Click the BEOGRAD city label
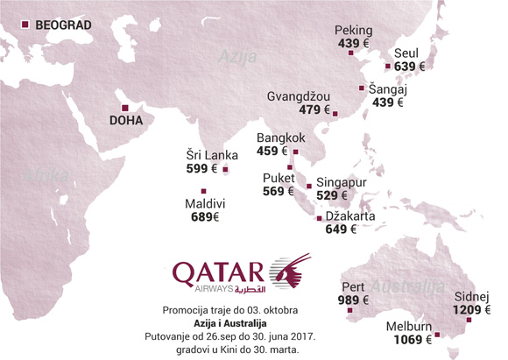[62, 25]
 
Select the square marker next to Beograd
[25, 25]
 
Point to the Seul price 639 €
[409, 66]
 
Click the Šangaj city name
[390, 88]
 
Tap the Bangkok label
[280, 138]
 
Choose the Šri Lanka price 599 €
[201, 168]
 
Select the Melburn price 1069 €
[408, 341]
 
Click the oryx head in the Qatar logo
[290, 272]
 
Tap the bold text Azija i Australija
[231, 324]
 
